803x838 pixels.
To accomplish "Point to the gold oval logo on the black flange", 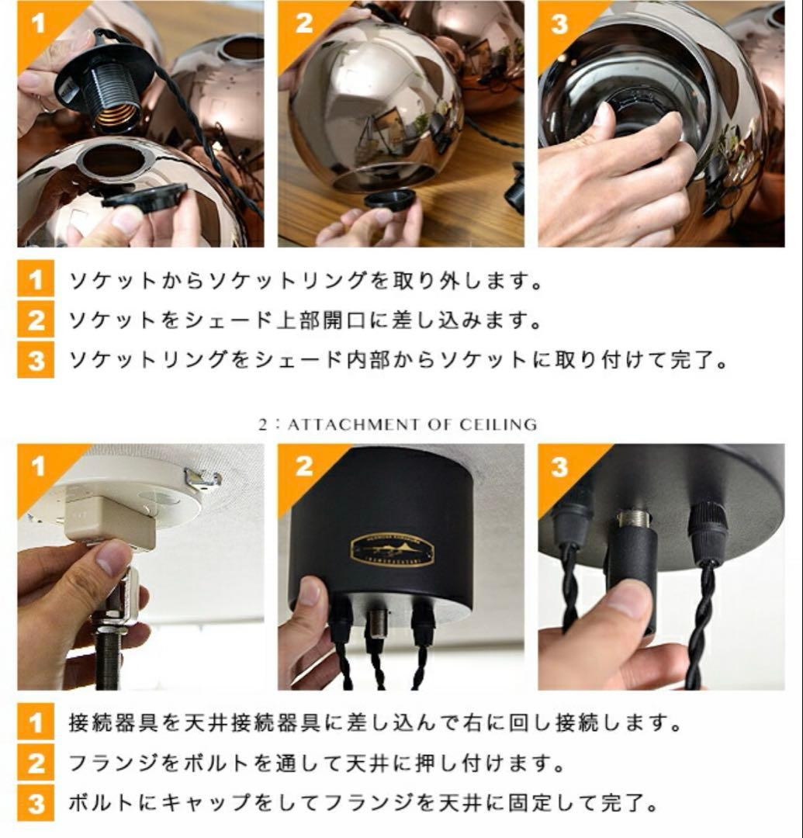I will [392, 549].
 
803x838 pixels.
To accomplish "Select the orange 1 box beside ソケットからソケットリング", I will [36, 280].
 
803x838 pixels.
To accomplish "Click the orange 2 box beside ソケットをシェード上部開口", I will [36, 320].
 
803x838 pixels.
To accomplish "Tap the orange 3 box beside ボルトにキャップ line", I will [36, 802].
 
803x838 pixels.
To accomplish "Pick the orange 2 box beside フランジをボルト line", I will [36, 764].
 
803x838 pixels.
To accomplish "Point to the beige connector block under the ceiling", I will [109, 520].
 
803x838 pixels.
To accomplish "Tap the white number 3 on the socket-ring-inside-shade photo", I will [559, 23].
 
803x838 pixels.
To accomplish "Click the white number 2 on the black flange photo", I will [303, 466].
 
